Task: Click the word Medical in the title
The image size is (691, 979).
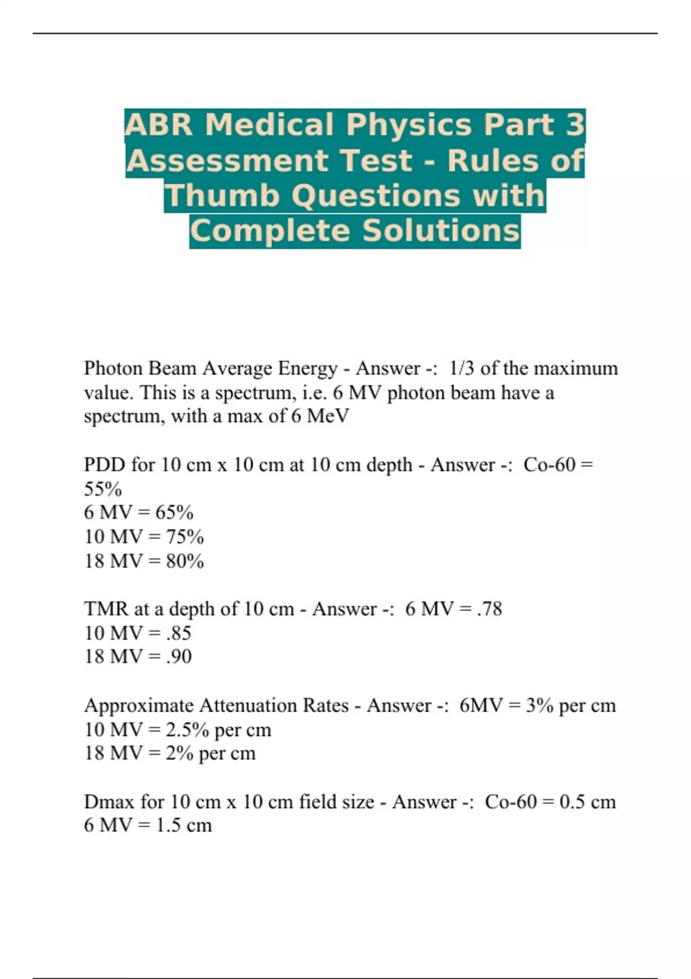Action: click(x=269, y=125)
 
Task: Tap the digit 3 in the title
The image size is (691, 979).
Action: click(x=574, y=125)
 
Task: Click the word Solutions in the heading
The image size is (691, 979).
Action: click(x=441, y=230)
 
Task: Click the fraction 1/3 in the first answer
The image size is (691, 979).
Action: click(x=462, y=368)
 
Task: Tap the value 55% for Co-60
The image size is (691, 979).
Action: click(x=103, y=489)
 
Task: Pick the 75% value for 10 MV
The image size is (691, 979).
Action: click(x=185, y=537)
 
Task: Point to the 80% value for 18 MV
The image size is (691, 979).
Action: click(x=185, y=561)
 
